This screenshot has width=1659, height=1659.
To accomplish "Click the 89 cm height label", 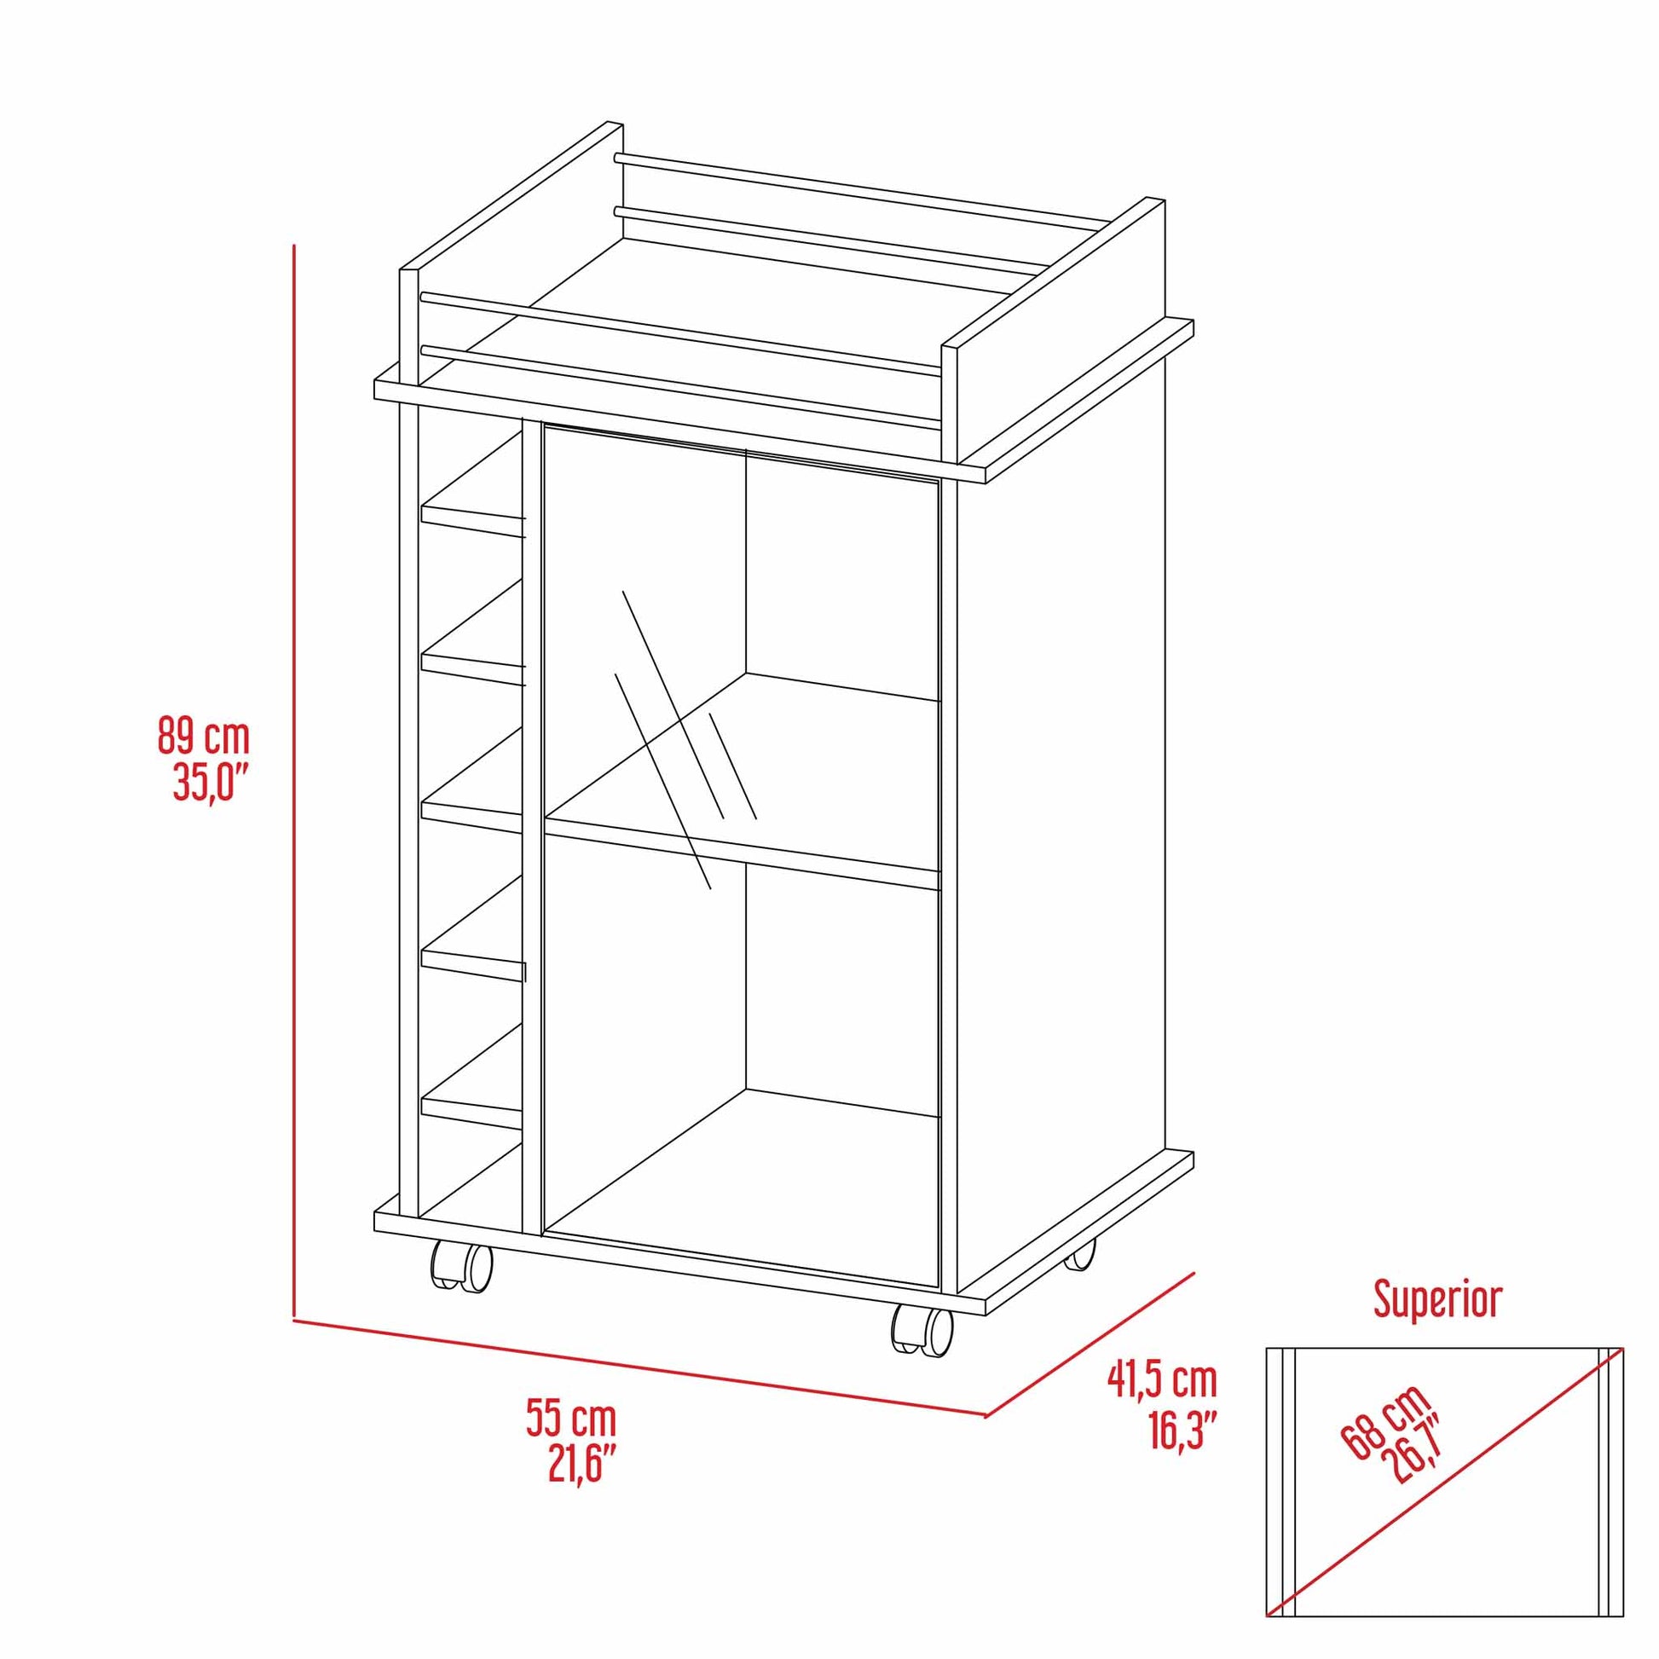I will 203,737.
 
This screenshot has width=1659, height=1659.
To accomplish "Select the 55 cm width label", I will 571,1420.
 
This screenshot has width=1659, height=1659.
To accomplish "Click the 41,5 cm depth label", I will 1162,1380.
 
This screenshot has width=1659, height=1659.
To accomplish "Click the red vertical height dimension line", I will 294,773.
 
